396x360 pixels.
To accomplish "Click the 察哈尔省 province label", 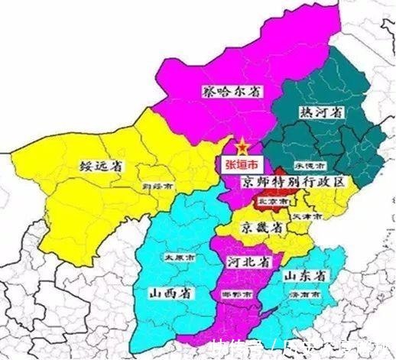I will [230, 90].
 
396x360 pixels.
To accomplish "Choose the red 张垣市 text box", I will [240, 164].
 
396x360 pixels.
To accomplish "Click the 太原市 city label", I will [177, 258].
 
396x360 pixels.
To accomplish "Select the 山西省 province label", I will [172, 293].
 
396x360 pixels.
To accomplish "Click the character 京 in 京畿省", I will [243, 228].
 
